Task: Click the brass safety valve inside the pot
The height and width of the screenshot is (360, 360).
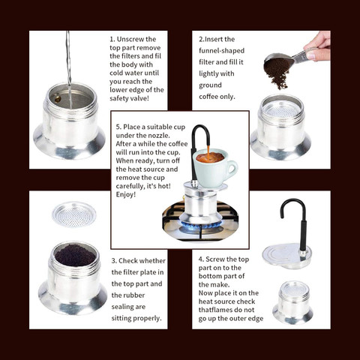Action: pyautogui.click(x=58, y=99)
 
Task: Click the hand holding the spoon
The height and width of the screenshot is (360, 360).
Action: pyautogui.click(x=317, y=46)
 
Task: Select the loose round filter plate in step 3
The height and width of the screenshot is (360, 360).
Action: pyautogui.click(x=74, y=214)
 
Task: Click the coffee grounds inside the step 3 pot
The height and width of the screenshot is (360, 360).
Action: pyautogui.click(x=75, y=255)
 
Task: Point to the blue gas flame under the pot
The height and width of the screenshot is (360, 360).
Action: pyautogui.click(x=200, y=225)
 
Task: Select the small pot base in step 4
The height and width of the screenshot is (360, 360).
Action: pyautogui.click(x=292, y=302)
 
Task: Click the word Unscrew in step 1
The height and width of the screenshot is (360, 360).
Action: pyautogui.click(x=130, y=39)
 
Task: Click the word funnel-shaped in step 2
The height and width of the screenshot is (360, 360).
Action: pyautogui.click(x=222, y=51)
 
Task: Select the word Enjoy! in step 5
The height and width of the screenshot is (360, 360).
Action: pyautogui.click(x=126, y=194)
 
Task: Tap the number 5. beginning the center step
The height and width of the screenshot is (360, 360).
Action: pyautogui.click(x=118, y=127)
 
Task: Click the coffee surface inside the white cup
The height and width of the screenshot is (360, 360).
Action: pyautogui.click(x=210, y=157)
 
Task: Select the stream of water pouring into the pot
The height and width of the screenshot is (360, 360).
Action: pyautogui.click(x=68, y=70)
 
